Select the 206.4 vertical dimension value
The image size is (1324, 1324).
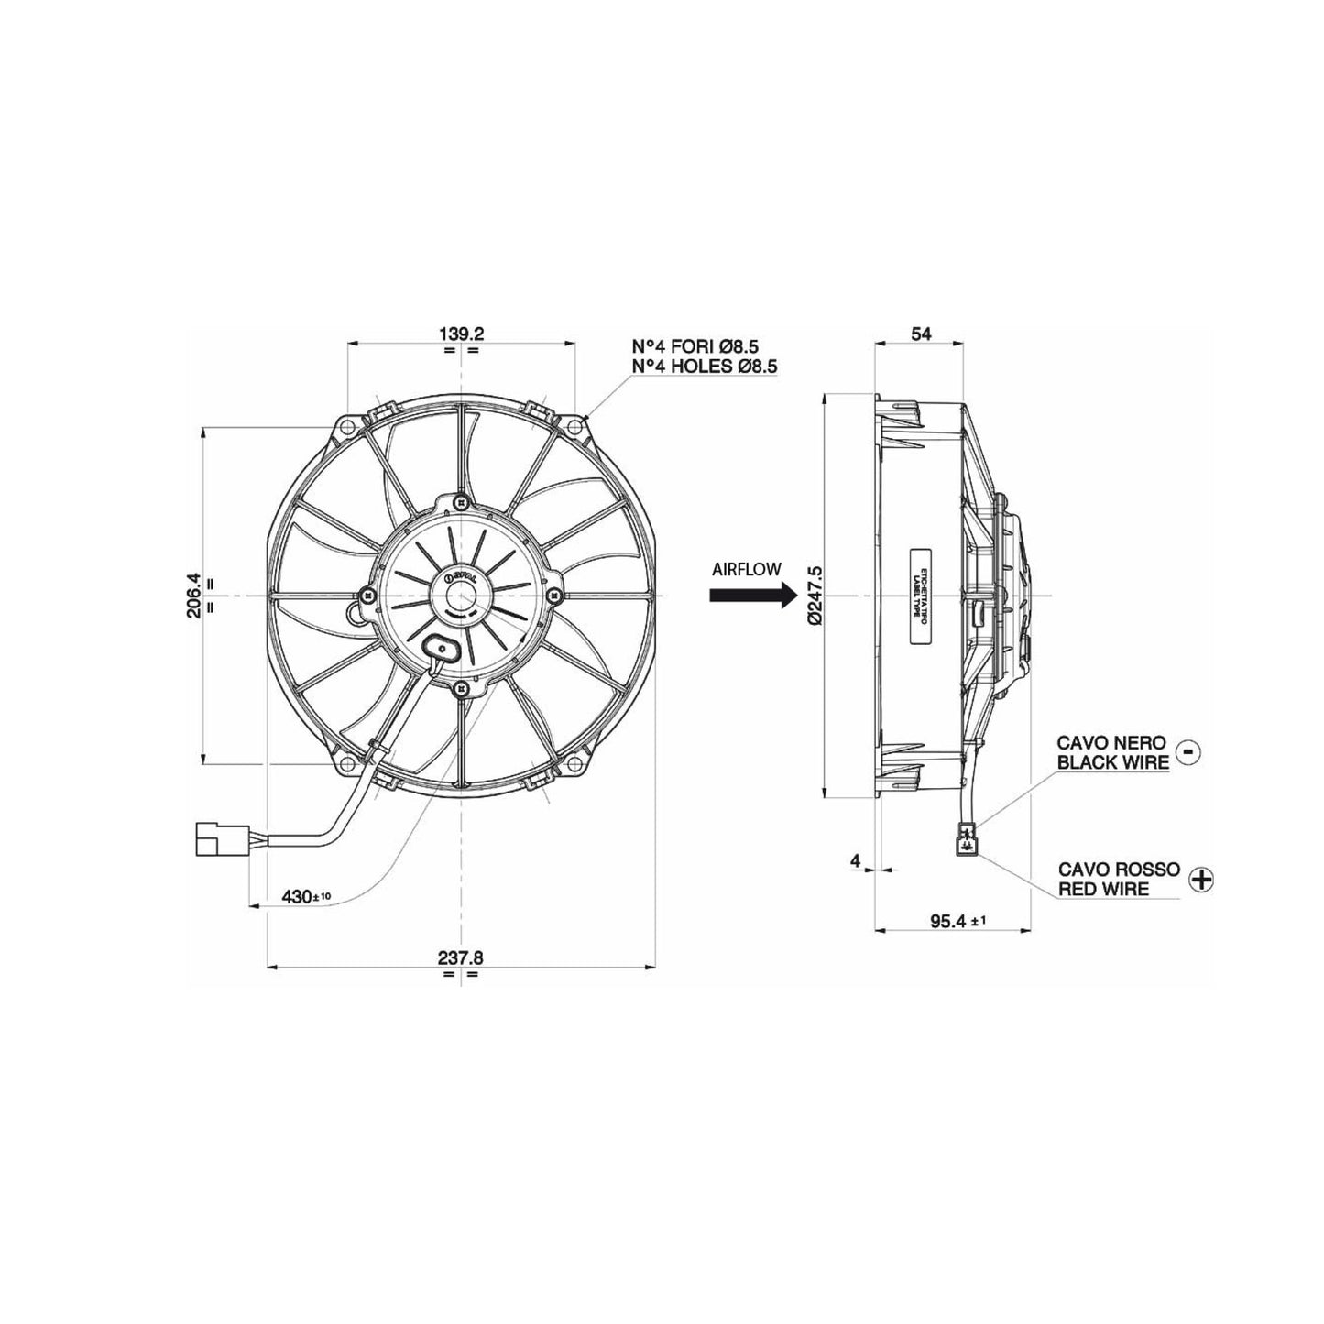(193, 596)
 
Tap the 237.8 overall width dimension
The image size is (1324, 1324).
(460, 957)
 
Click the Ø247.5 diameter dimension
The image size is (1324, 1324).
(815, 596)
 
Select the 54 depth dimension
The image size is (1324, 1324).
(921, 334)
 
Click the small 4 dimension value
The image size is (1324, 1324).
(855, 860)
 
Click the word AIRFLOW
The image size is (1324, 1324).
(746, 569)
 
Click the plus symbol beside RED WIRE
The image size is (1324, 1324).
(1200, 879)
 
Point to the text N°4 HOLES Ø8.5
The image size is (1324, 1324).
(705, 367)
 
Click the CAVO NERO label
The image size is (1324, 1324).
(1111, 742)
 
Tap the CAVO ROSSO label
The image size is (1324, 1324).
(1118, 869)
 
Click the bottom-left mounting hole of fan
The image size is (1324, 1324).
(346, 762)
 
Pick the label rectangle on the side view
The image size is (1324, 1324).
(922, 596)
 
